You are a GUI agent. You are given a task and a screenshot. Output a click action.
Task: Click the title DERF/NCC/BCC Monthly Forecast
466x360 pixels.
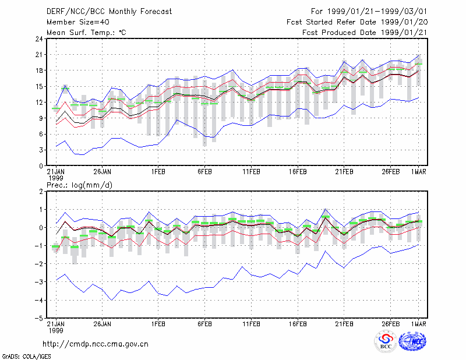tap(109, 12)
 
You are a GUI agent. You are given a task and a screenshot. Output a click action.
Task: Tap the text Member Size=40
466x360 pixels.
tap(78, 22)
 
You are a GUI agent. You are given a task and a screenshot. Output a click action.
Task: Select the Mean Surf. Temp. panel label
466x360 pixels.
tap(86, 33)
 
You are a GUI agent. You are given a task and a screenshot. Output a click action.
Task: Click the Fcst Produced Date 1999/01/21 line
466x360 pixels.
tap(365, 33)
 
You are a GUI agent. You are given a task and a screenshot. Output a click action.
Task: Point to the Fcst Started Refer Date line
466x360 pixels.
tap(357, 22)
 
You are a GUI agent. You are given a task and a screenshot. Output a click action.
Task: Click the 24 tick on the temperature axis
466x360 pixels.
tap(39, 39)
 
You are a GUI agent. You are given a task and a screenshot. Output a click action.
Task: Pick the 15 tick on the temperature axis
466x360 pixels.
tap(39, 87)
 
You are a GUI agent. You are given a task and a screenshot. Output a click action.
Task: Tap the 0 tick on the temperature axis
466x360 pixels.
tap(41, 166)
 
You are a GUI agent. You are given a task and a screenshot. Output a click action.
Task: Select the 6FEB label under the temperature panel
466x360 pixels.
tap(204, 172)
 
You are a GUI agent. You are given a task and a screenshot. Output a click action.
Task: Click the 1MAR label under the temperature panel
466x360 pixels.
tap(418, 172)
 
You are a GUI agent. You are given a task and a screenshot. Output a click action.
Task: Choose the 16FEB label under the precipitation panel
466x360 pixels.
tap(298, 324)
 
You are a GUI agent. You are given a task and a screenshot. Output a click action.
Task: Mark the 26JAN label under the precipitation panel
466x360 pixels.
tap(103, 324)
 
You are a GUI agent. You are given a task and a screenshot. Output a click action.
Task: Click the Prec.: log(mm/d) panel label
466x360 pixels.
tap(79, 185)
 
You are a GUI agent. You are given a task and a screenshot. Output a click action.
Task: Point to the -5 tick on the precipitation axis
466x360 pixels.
tap(38, 318)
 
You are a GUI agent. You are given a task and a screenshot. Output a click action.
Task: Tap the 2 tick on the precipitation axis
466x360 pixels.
tap(41, 192)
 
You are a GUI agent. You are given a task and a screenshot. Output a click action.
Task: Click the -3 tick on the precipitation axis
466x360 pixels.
tap(38, 282)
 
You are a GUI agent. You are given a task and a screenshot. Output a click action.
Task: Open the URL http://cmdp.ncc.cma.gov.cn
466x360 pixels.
tap(96, 344)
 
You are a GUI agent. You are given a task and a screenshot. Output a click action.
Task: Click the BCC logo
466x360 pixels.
tap(386, 342)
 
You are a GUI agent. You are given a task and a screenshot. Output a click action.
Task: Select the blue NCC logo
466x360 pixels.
tap(412, 341)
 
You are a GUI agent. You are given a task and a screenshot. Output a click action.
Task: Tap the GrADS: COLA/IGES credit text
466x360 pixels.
tap(26, 357)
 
